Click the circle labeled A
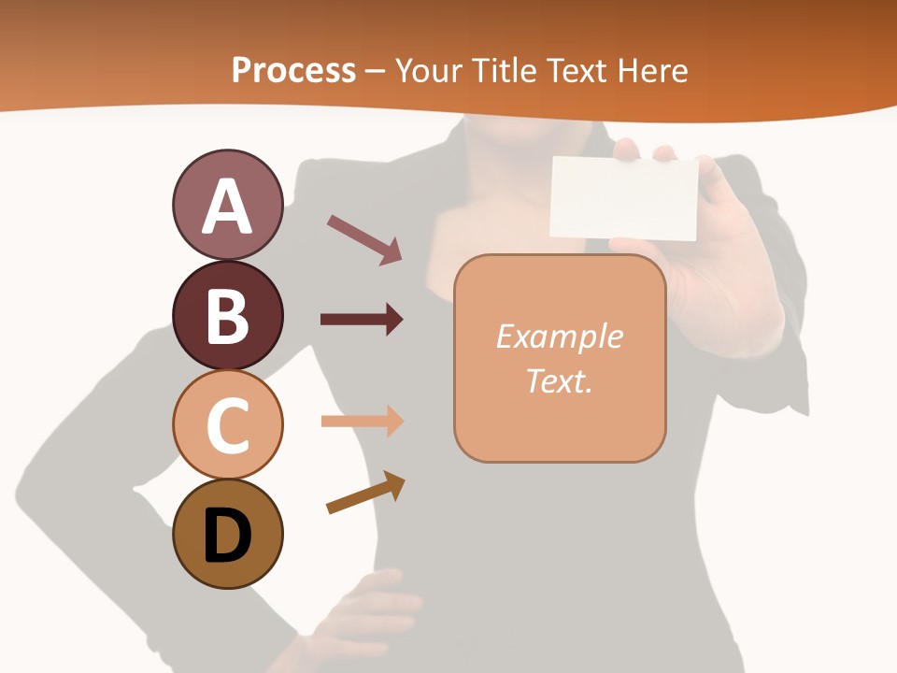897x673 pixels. click(227, 205)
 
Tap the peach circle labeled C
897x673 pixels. click(227, 424)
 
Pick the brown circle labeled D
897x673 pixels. click(227, 534)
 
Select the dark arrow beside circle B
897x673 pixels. click(362, 320)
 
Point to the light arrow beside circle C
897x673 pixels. click(362, 421)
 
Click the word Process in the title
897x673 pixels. click(293, 70)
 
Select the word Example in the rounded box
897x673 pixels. click(559, 336)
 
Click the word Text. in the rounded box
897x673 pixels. click(559, 380)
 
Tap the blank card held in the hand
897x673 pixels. click(624, 197)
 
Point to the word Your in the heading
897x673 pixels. click(431, 70)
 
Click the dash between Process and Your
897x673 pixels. click(375, 71)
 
